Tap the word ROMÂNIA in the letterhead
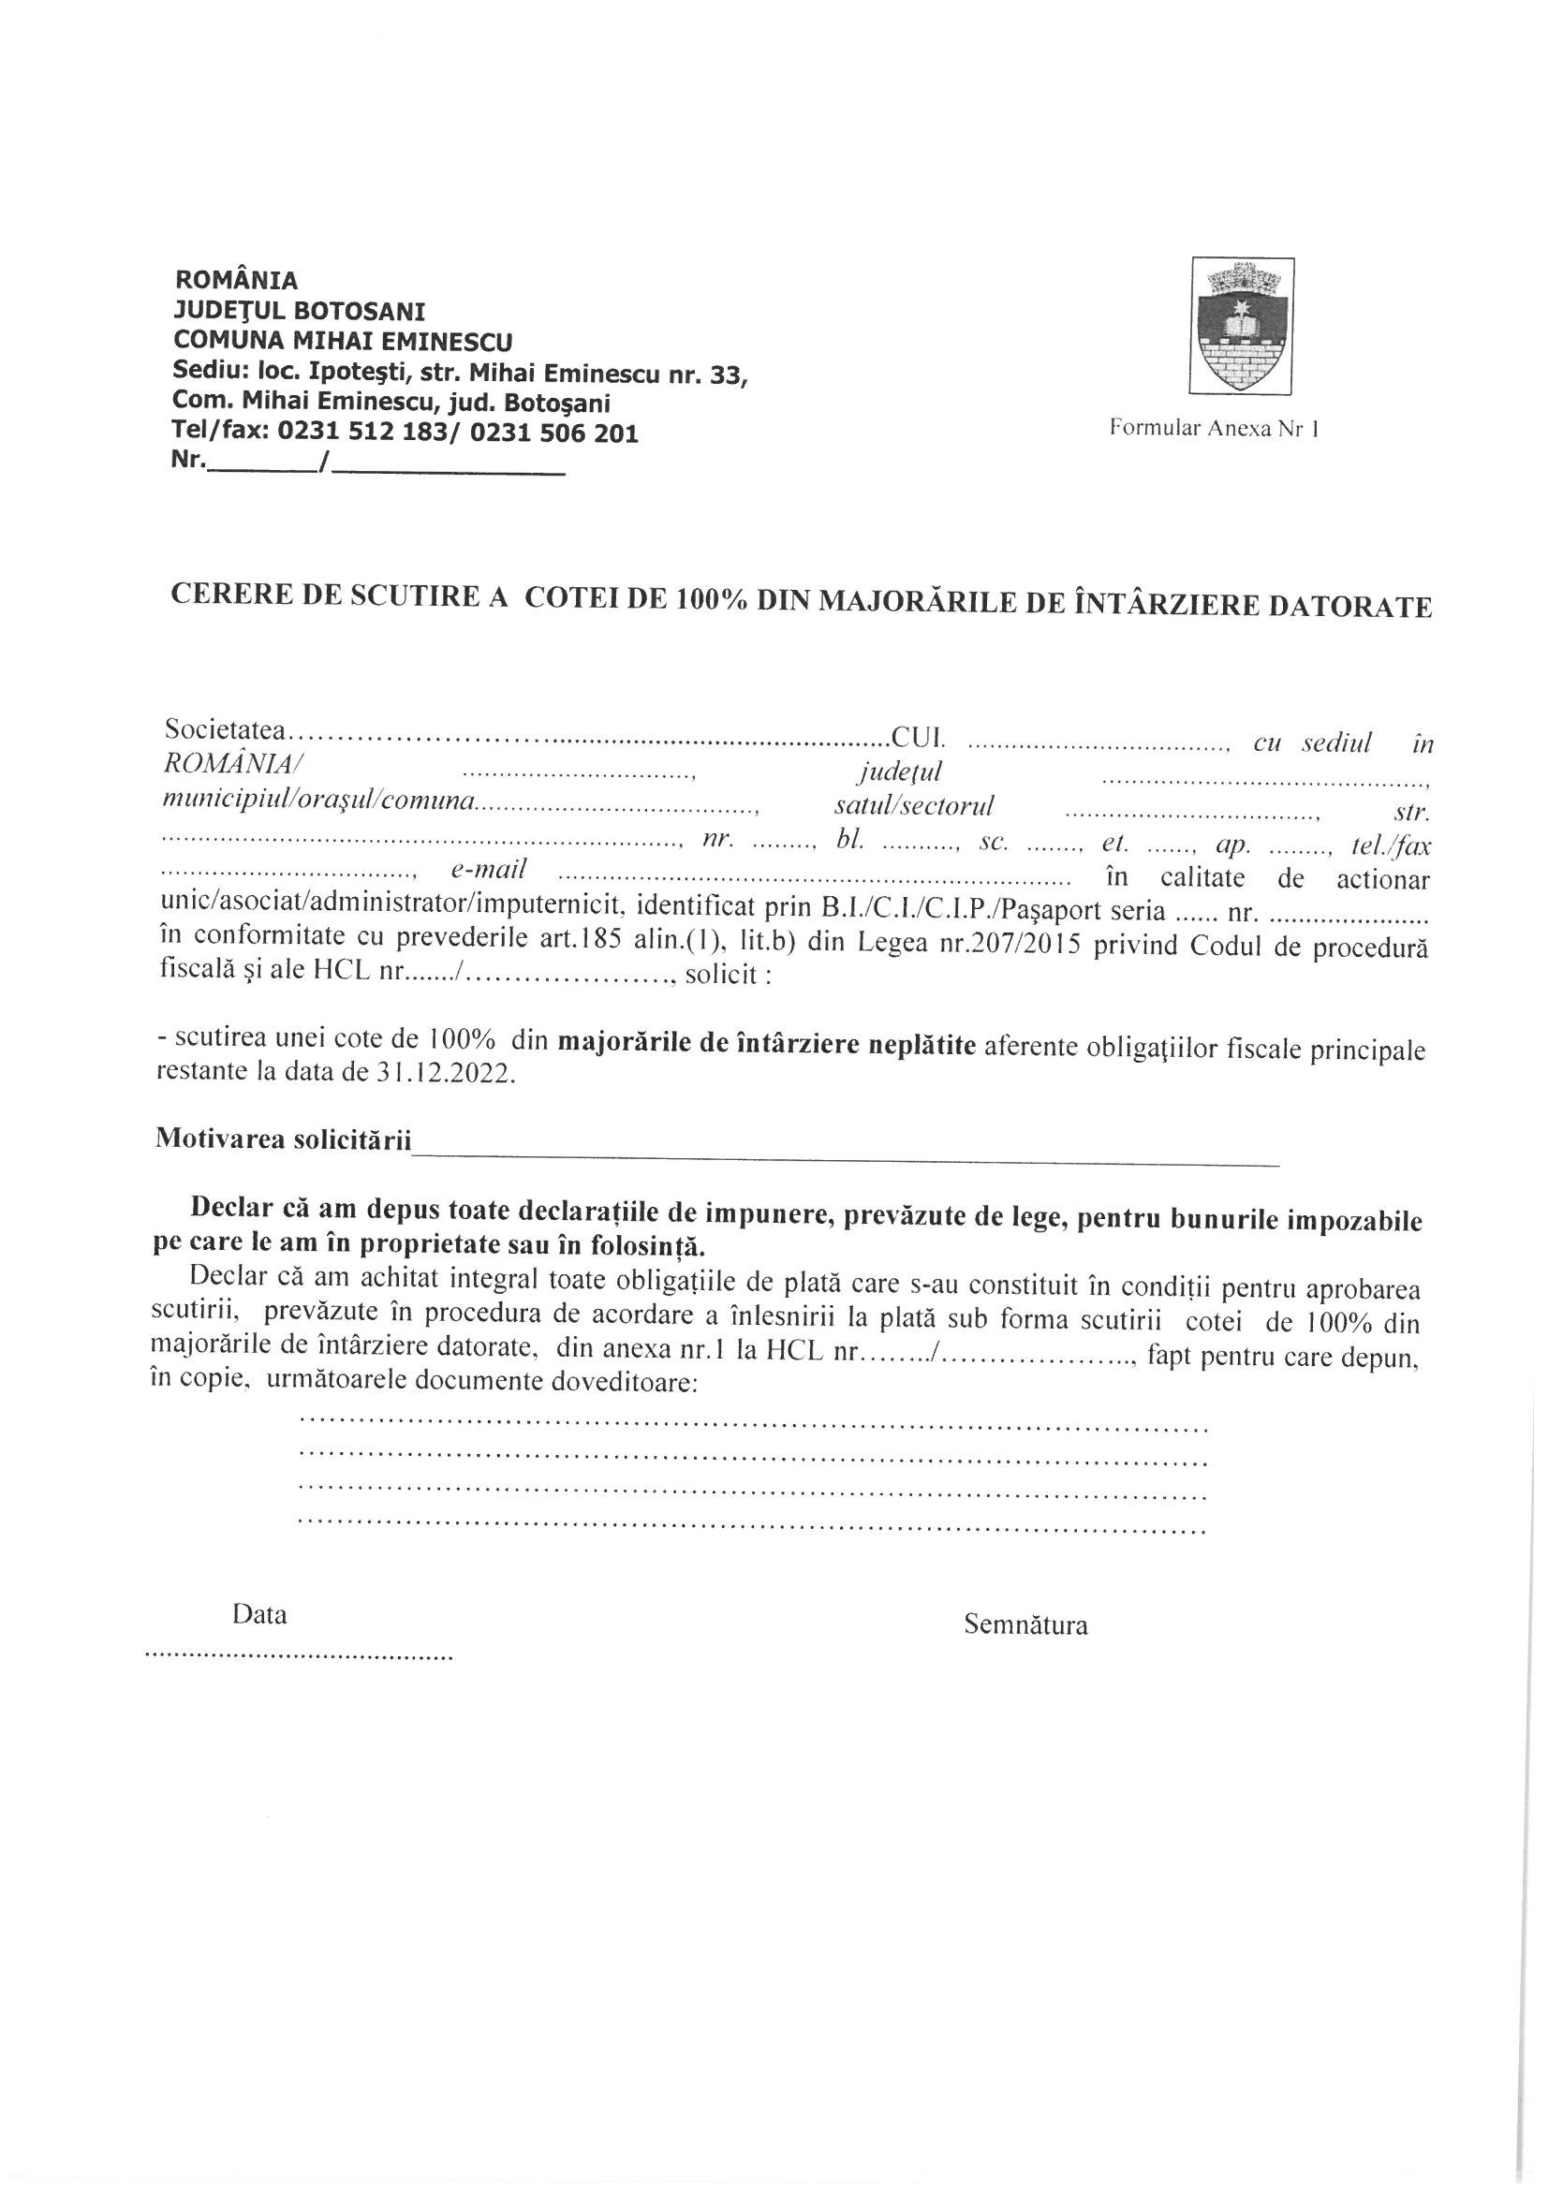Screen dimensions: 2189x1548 238,280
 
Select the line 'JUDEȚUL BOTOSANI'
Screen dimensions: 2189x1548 300,311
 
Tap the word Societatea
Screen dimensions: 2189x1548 225,730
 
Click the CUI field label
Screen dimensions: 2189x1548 919,736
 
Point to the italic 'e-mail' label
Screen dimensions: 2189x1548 484,871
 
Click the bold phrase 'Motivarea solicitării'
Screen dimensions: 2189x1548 282,1139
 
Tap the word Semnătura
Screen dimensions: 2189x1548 1025,1624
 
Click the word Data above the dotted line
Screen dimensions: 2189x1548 259,1615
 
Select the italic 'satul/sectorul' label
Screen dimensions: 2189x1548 914,806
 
